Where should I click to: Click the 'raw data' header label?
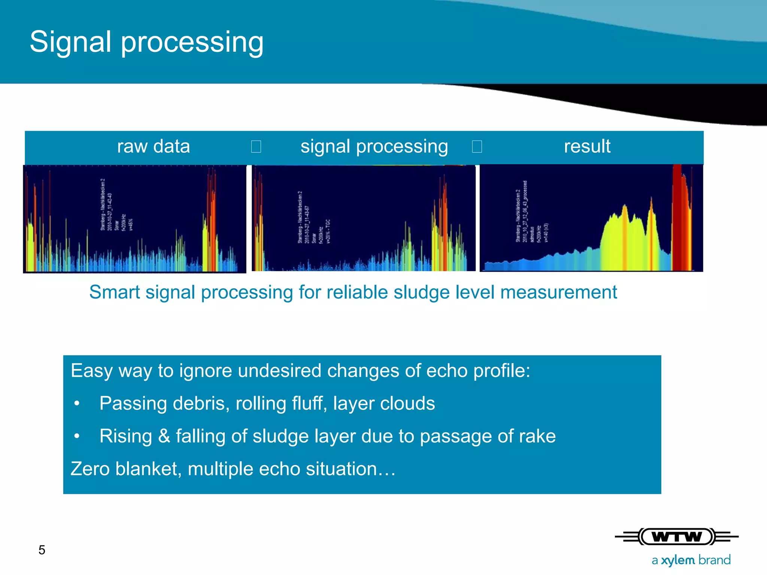pos(153,146)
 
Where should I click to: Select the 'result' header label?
pos(587,146)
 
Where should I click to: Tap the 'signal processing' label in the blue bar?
pos(374,146)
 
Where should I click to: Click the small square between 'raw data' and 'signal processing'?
pos(256,146)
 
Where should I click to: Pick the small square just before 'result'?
pos(477,146)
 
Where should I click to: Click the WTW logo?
pos(676,537)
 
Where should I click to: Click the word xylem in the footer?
pos(678,560)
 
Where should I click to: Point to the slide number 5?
pos(42,550)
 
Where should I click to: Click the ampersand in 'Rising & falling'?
pos(164,436)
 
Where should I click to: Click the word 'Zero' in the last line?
pos(90,469)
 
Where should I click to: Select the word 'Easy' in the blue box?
pos(91,371)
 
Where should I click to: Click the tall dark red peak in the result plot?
pos(677,217)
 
